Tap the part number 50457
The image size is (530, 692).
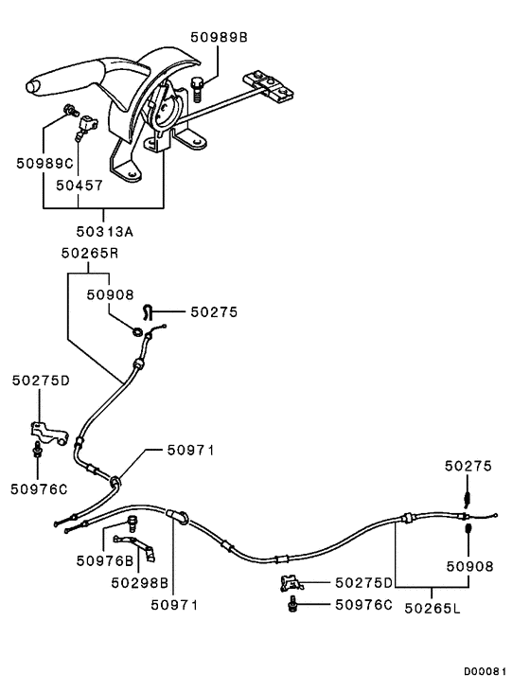(79, 186)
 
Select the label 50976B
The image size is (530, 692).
(103, 559)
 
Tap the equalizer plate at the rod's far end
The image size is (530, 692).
(271, 88)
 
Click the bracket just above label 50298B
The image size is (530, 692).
(142, 544)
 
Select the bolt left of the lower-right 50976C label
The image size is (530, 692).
(293, 603)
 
